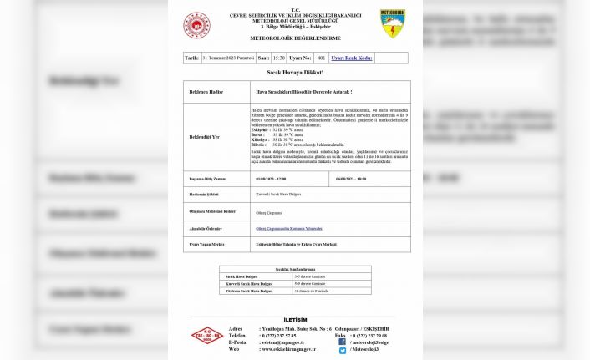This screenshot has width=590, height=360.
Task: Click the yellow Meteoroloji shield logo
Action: [392, 23]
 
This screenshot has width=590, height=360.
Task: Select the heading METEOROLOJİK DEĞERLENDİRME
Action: [297, 38]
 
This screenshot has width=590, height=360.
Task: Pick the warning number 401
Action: [321, 58]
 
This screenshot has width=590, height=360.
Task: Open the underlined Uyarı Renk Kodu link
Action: [351, 58]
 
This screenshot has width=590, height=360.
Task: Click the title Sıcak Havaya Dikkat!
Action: [296, 73]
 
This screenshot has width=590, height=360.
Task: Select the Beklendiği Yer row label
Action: [204, 137]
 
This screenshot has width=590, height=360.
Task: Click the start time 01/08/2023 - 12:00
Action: [271, 179]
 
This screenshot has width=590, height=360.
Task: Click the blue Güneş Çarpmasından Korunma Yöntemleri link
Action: [289, 228]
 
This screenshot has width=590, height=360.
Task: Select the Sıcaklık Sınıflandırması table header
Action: [296, 268]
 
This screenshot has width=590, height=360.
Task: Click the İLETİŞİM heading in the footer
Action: [295, 320]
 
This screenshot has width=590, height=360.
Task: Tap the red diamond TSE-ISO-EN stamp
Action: [204, 337]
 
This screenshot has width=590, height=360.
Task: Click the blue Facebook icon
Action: [343, 342]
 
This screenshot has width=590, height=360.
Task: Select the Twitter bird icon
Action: [343, 350]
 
